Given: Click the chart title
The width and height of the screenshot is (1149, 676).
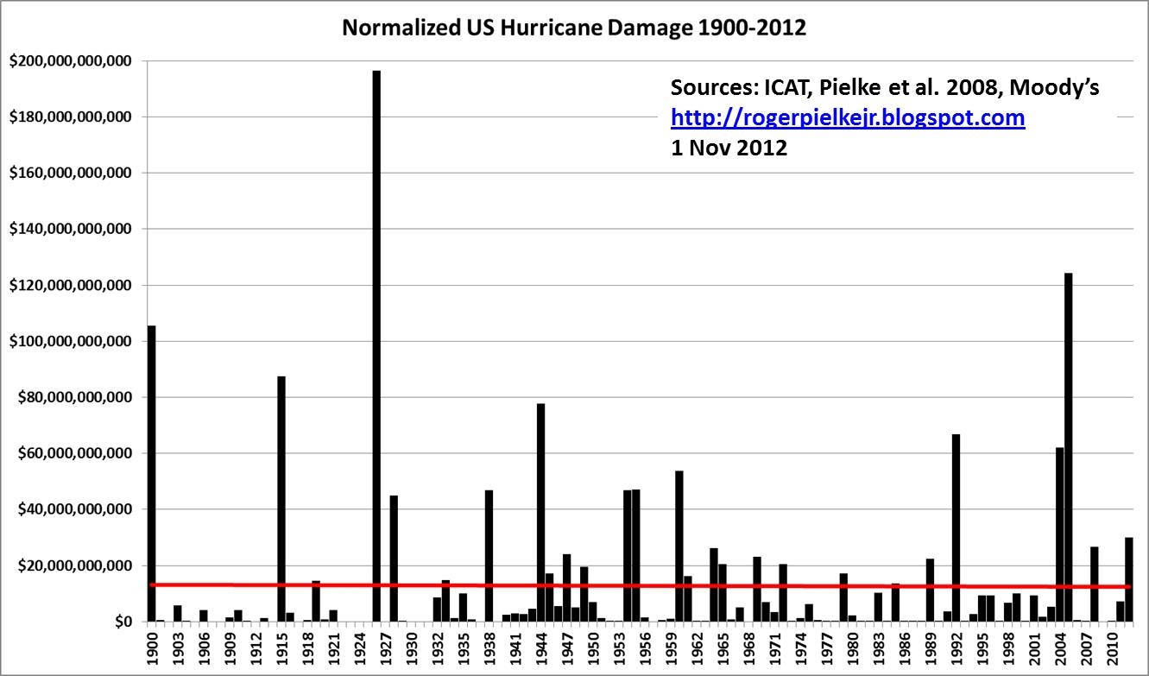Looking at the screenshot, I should [x=574, y=28].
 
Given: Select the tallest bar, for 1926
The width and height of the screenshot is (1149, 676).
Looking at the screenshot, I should [x=376, y=345].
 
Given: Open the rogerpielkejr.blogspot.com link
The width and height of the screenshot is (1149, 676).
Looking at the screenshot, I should [x=848, y=117].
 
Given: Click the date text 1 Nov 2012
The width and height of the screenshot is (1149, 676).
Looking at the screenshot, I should [x=729, y=147].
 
